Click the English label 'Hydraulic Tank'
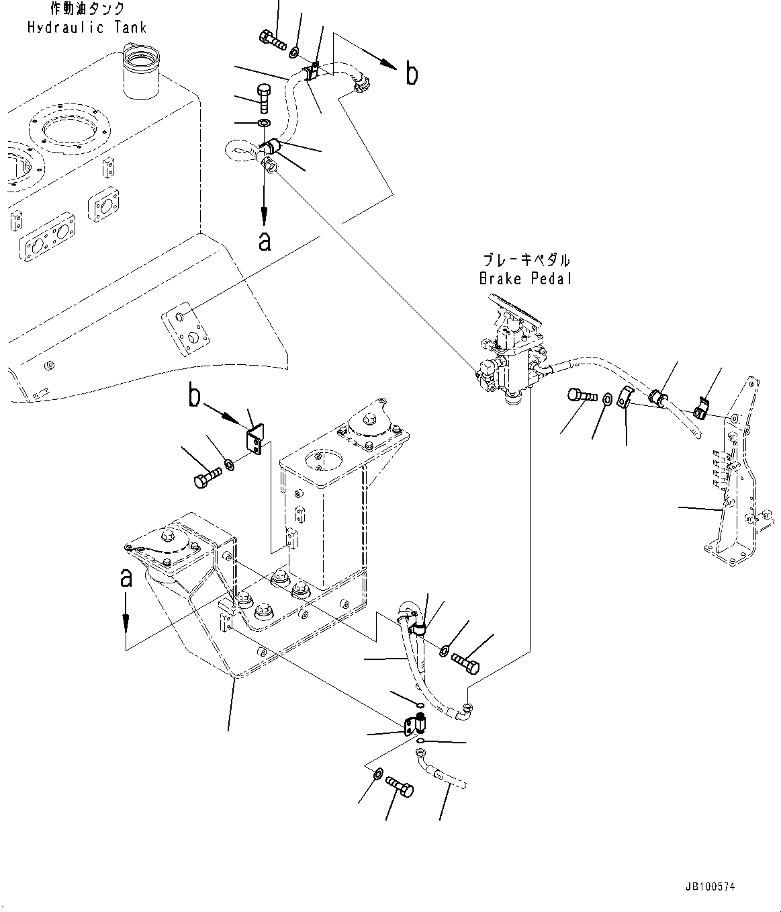click(87, 28)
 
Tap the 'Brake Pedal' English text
click(525, 278)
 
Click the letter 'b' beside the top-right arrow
click(412, 74)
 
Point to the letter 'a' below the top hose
click(265, 240)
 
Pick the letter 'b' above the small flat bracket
click(194, 396)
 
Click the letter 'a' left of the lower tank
click(126, 577)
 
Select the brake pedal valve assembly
click(510, 356)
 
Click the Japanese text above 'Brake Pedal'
click(525, 260)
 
